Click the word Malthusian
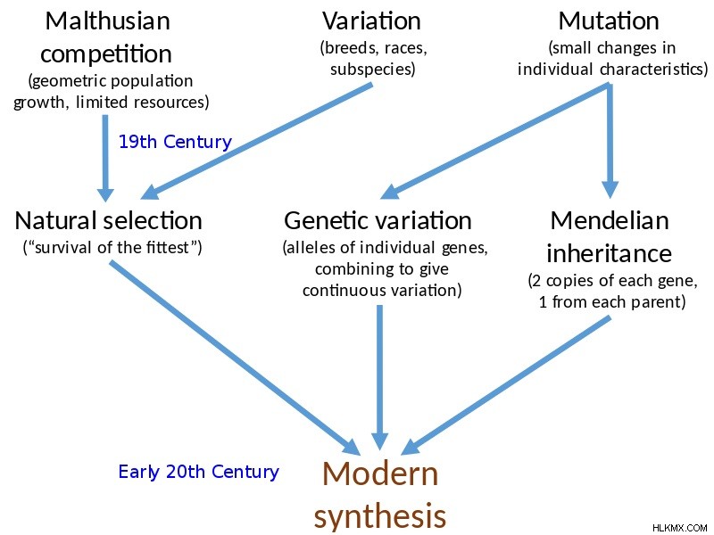107,21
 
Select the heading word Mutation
609,21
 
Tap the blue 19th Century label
175,142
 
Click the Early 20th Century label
198,472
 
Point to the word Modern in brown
380,473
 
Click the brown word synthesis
380,516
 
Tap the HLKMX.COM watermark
679,528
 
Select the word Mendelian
610,220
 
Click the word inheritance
609,253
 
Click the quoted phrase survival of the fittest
112,248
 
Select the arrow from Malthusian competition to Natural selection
105,159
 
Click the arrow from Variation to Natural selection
257,141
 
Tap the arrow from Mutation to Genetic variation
495,141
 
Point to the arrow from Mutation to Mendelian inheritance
610,141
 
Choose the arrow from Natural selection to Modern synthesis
235,358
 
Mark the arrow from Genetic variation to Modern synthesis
379,377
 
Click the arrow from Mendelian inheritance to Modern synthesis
505,385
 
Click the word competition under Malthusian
106,54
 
